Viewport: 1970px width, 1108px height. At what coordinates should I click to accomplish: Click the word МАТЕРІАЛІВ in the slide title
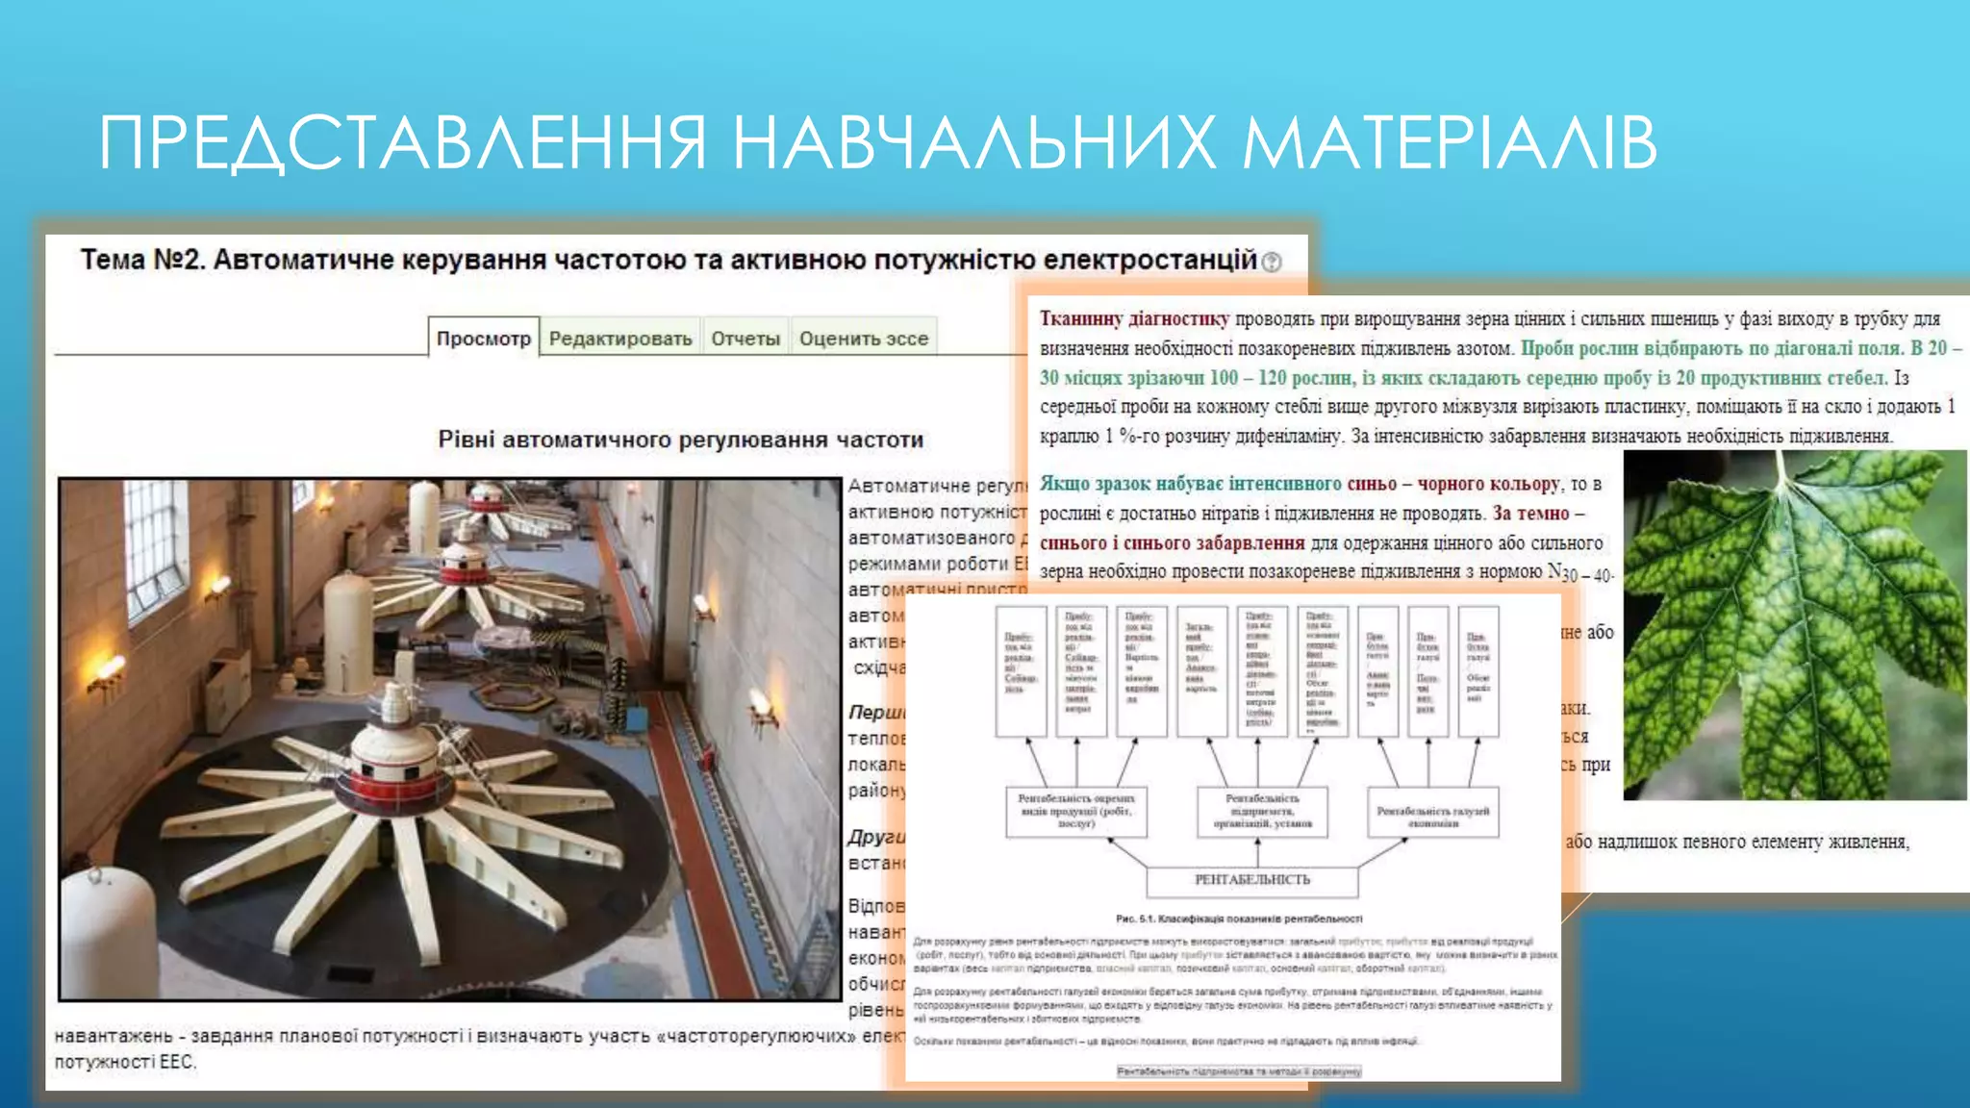1449,142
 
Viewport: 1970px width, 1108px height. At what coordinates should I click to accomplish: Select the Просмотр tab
484,339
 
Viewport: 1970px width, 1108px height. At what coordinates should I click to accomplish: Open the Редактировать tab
620,339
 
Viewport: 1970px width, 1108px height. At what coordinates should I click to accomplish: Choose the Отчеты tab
745,339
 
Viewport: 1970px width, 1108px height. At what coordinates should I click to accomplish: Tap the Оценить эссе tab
863,339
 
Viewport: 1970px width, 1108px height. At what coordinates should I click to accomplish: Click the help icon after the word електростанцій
1272,262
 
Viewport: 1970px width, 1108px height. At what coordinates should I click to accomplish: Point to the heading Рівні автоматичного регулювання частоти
680,440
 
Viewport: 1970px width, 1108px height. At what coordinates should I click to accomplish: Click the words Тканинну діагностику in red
1134,318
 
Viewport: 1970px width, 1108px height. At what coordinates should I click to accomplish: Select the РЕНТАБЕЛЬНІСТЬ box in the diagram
1251,880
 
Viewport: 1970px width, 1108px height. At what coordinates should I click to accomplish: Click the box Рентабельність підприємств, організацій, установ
1262,811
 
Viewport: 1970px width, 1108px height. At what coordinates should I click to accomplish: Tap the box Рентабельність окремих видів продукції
1076,811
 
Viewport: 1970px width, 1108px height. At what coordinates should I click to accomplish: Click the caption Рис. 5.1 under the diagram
1238,919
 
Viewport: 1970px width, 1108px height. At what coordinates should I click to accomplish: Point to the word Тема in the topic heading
112,260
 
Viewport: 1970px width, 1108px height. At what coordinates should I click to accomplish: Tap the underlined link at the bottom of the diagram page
1238,1070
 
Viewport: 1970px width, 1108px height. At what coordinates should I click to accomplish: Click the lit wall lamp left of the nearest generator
106,670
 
